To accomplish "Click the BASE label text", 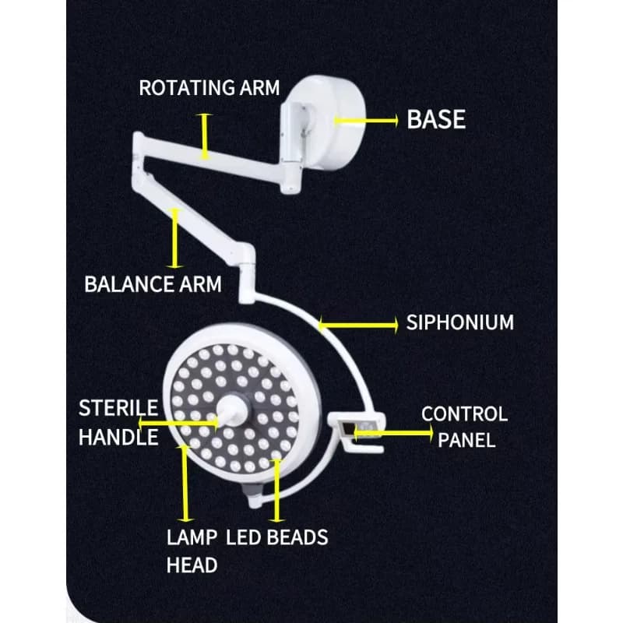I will [436, 120].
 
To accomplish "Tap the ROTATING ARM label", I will [209, 87].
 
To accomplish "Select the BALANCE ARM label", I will [153, 283].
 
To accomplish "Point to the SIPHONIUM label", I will [459, 322].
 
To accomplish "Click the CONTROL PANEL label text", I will [464, 426].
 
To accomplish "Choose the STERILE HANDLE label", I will [118, 422].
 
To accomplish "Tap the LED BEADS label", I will [277, 537].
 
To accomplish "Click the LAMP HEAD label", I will [192, 551].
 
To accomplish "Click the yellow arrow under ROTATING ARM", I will [205, 136].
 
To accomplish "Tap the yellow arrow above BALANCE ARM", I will [175, 238].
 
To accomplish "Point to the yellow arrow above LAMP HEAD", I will [185, 483].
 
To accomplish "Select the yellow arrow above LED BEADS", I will [274, 491].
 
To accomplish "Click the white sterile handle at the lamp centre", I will [231, 407].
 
